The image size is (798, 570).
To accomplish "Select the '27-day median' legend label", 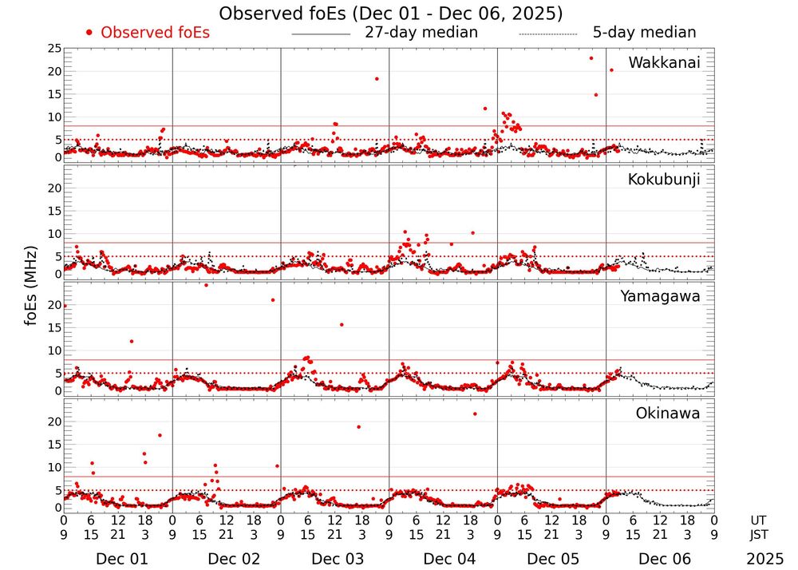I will click(x=421, y=33).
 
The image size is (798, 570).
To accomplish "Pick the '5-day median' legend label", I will click(x=644, y=33).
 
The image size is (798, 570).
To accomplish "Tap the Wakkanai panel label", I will click(x=664, y=63).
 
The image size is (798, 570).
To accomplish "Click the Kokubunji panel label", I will click(x=664, y=180).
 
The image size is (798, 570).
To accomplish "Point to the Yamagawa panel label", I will click(x=661, y=296).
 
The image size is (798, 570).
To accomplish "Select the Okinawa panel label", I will click(x=668, y=413).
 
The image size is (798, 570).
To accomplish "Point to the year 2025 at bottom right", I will click(x=764, y=559).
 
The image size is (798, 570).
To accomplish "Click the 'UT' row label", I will click(x=759, y=521).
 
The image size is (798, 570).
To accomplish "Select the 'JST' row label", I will click(x=759, y=534).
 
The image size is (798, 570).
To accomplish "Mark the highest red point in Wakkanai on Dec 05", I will click(x=591, y=58).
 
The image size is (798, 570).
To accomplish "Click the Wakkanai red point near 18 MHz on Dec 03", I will click(x=377, y=78).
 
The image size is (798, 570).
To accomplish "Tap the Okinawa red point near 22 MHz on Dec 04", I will click(x=475, y=414).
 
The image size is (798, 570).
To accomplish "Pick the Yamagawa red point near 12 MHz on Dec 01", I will click(x=132, y=342).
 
